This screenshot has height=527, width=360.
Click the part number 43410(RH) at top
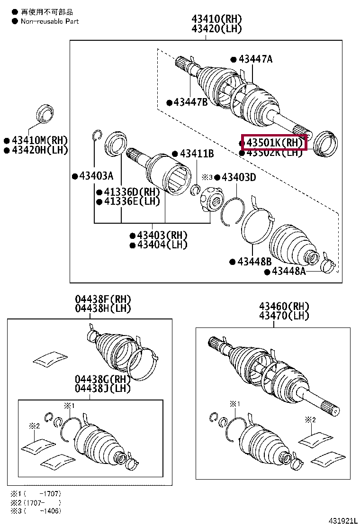tap(216, 19)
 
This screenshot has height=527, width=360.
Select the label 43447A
tap(255, 59)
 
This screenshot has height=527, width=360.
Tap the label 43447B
tap(190, 102)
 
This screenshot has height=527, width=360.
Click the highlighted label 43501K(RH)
tap(274, 142)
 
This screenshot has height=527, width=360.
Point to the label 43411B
tap(197, 154)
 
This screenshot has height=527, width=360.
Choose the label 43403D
tap(239, 177)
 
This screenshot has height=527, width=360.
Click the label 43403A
tap(96, 176)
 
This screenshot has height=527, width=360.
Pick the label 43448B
tap(254, 262)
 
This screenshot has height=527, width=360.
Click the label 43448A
tap(288, 272)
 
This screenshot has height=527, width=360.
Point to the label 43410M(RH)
tap(40, 140)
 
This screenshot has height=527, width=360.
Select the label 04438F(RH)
tap(103, 300)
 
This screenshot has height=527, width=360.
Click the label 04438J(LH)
tap(103, 388)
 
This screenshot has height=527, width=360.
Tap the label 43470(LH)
tap(284, 316)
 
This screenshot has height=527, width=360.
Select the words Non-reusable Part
tap(50, 21)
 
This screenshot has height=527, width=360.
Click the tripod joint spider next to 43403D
tap(210, 200)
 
